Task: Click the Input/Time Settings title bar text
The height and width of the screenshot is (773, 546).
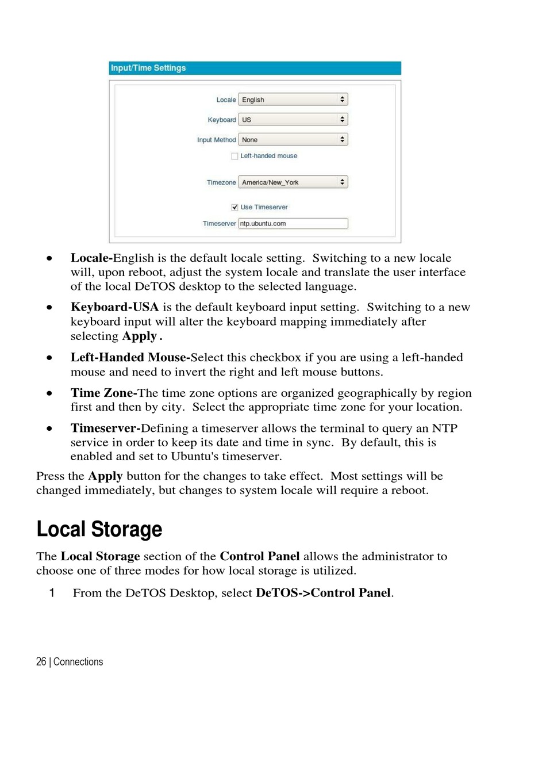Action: [x=148, y=68]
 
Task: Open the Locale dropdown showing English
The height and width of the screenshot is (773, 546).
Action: [x=293, y=100]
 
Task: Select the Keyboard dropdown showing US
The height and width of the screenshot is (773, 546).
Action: [x=293, y=120]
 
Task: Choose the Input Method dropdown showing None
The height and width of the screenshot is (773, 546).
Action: [x=293, y=140]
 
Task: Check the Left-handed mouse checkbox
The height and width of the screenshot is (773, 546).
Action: [x=234, y=156]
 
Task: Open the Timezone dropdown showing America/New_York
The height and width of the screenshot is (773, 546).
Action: [x=293, y=182]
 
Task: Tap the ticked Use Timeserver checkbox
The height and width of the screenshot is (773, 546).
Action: [x=234, y=207]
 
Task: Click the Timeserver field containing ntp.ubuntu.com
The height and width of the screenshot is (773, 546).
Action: [x=293, y=224]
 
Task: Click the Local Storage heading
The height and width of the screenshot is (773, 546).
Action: [x=99, y=529]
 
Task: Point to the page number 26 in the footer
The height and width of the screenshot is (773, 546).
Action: [x=41, y=662]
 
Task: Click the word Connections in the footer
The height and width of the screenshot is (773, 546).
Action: [x=78, y=662]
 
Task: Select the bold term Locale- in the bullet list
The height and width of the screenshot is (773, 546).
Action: [x=91, y=258]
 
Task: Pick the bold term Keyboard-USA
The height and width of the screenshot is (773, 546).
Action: [x=114, y=307]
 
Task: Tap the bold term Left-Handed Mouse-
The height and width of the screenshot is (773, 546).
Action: [x=130, y=358]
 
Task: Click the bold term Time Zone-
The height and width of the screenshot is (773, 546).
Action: [x=103, y=393]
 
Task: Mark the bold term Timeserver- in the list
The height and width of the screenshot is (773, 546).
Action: [x=105, y=428]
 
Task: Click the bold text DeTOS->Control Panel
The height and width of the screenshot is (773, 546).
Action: [x=323, y=593]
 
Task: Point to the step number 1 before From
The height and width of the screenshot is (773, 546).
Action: [x=52, y=593]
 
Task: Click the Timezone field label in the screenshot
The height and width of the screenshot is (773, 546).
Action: [x=221, y=182]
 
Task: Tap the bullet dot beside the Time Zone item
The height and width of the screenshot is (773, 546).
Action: [x=50, y=394]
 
